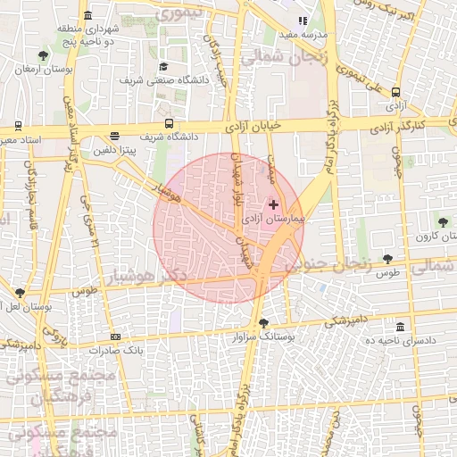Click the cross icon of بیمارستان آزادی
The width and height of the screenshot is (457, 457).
(273, 204)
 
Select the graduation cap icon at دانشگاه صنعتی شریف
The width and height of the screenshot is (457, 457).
(163, 66)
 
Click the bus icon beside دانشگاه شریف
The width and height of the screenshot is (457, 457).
(169, 125)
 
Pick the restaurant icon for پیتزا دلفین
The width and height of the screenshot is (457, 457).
(113, 137)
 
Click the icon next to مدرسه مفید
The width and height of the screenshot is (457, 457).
(303, 21)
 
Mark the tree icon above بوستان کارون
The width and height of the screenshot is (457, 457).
(443, 221)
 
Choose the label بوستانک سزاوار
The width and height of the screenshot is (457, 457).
(262, 338)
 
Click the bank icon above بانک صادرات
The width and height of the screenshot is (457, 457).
(116, 337)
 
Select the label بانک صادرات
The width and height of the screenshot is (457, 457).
(115, 350)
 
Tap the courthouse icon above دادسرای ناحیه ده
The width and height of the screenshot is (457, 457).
(399, 327)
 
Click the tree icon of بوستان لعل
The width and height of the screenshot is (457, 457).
(20, 292)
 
